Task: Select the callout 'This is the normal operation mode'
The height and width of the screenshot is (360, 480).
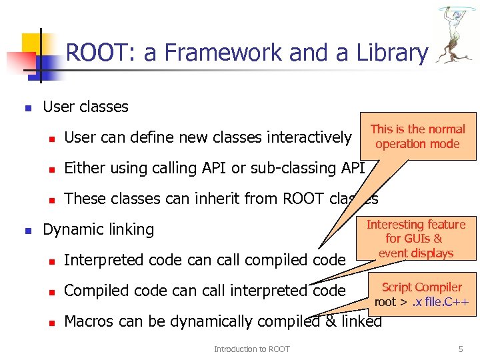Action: click(x=417, y=136)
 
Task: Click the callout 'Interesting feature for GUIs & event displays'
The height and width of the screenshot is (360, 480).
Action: click(x=416, y=238)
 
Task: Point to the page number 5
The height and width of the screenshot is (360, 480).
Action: click(x=460, y=349)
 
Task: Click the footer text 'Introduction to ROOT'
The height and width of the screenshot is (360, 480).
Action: click(x=251, y=349)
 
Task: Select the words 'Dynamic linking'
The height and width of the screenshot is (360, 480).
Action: click(x=98, y=230)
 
